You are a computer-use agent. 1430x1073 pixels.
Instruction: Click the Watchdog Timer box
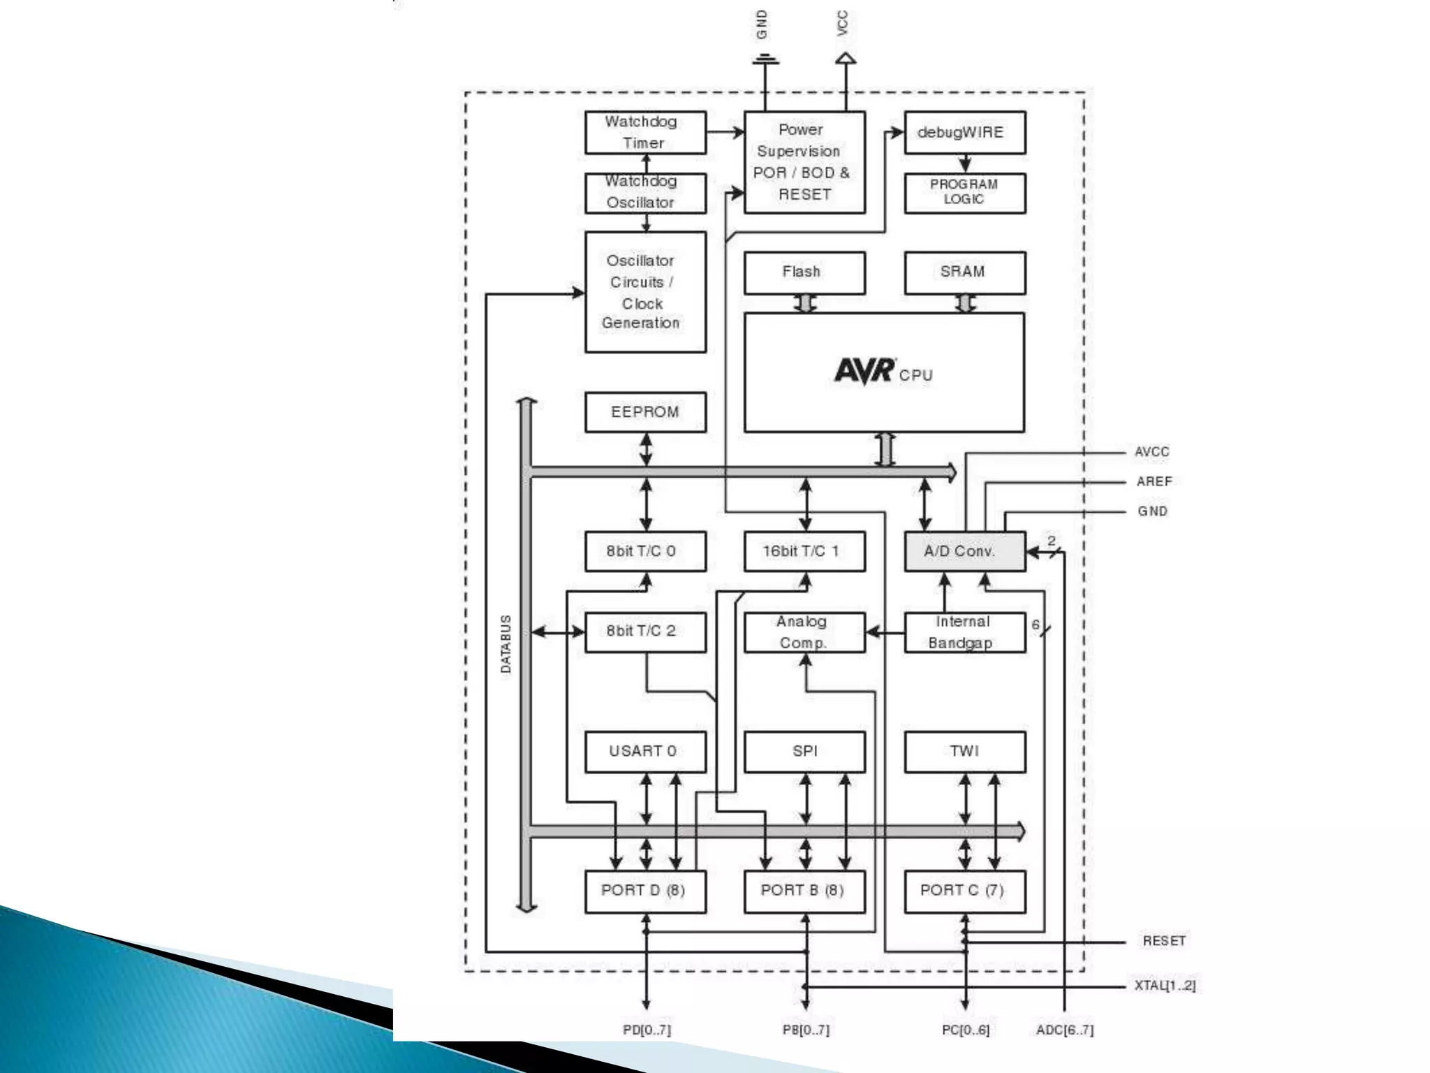tap(645, 133)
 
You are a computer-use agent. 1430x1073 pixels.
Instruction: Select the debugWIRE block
tap(964, 133)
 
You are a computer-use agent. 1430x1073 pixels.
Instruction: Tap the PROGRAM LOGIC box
tap(964, 193)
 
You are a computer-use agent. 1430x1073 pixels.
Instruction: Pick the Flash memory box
tap(804, 272)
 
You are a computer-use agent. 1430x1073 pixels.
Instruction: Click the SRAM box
tap(964, 272)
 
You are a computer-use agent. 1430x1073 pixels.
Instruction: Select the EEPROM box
tap(645, 412)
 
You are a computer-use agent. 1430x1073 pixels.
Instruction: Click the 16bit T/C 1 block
tap(804, 552)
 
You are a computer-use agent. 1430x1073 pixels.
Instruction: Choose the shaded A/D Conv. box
tap(964, 552)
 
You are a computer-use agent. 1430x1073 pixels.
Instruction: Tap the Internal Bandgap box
tap(964, 632)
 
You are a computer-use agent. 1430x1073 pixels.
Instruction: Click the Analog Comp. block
tap(804, 632)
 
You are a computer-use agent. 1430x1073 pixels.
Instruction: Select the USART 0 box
tap(645, 752)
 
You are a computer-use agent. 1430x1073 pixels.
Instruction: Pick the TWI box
tap(964, 752)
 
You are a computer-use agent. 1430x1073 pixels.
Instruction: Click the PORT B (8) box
tap(804, 891)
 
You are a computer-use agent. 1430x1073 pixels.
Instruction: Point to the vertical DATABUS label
tap(506, 644)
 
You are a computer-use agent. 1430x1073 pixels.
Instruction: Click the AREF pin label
tap(1153, 481)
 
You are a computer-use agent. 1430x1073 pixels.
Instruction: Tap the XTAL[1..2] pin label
tap(1165, 986)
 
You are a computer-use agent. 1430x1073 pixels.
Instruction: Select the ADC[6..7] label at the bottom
tap(1065, 1030)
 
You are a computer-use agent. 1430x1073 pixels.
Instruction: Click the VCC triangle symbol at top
tap(846, 58)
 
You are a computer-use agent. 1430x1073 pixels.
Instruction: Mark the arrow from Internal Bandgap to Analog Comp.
tap(885, 633)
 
